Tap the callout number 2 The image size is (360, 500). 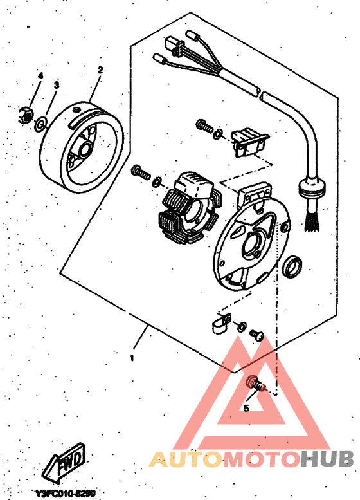[x=100, y=69]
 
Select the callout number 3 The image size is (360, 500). [x=56, y=84]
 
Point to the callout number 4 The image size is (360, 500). [x=40, y=75]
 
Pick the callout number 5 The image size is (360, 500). [x=246, y=407]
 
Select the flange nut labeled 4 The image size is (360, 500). [x=26, y=116]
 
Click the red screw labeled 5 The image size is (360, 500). [x=253, y=385]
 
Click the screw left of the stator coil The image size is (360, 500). [x=141, y=172]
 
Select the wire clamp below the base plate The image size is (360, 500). [x=220, y=322]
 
